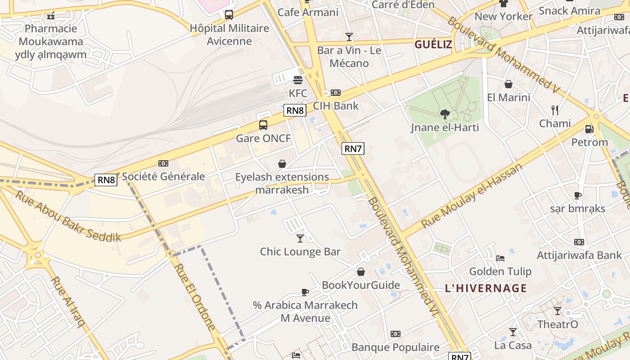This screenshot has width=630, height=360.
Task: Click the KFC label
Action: [298, 94]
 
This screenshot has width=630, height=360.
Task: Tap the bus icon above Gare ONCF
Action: [263, 125]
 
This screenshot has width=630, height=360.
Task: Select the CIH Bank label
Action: [336, 106]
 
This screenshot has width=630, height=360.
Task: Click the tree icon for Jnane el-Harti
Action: [445, 114]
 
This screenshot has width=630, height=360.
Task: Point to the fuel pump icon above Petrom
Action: [589, 129]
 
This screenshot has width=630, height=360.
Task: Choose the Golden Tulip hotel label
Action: [500, 271]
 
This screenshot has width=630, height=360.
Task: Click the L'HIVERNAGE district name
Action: [486, 288]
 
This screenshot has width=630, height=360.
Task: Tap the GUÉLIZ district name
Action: [433, 44]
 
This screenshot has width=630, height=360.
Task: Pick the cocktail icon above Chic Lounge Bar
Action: [300, 238]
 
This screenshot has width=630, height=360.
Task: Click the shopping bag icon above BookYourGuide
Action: [360, 272]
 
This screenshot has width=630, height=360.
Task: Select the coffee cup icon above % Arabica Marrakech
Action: [305, 292]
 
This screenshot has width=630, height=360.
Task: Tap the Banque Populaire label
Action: [395, 347]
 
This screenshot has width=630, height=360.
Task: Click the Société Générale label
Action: [163, 176]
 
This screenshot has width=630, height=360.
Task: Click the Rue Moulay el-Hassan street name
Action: [472, 195]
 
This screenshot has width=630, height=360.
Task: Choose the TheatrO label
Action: [558, 324]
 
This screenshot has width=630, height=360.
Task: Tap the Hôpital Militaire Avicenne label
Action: [229, 34]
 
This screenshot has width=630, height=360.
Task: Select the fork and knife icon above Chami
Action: [555, 110]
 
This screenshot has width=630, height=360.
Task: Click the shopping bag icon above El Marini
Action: [508, 84]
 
